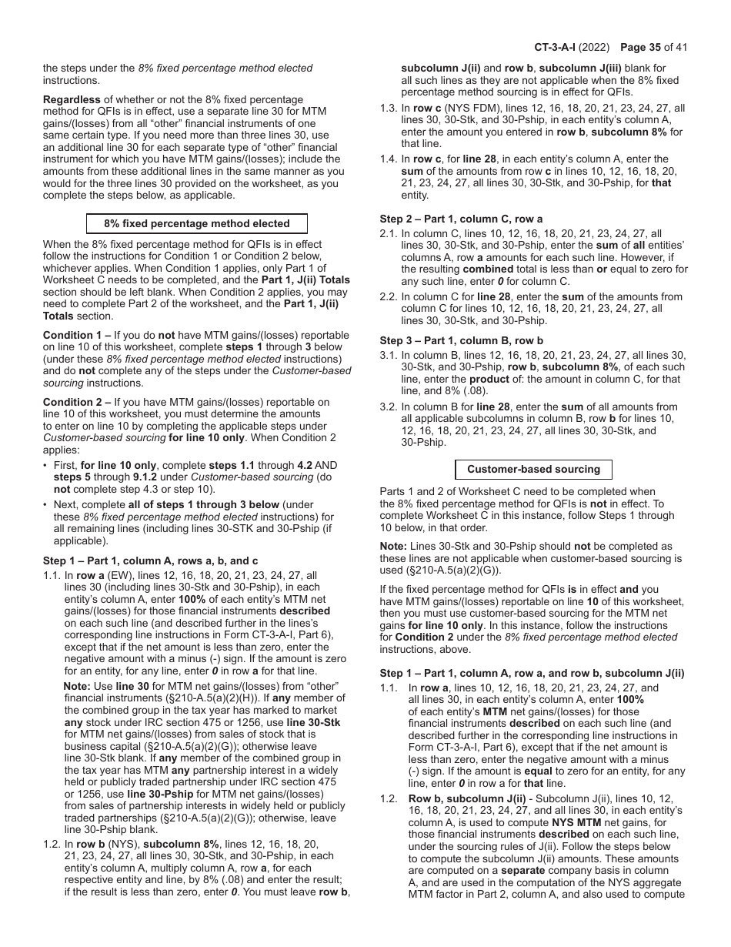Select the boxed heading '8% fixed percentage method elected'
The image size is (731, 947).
[x=197, y=224]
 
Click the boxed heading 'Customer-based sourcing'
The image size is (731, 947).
[x=533, y=470]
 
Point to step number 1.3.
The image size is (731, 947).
[x=388, y=109]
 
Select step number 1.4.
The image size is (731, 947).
[x=388, y=159]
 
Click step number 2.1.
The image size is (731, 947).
[x=388, y=233]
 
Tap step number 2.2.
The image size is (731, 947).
[x=388, y=296]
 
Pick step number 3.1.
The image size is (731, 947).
[x=388, y=355]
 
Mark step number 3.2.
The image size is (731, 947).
[x=388, y=407]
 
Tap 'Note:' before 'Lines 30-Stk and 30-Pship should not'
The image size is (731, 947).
[x=393, y=547]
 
